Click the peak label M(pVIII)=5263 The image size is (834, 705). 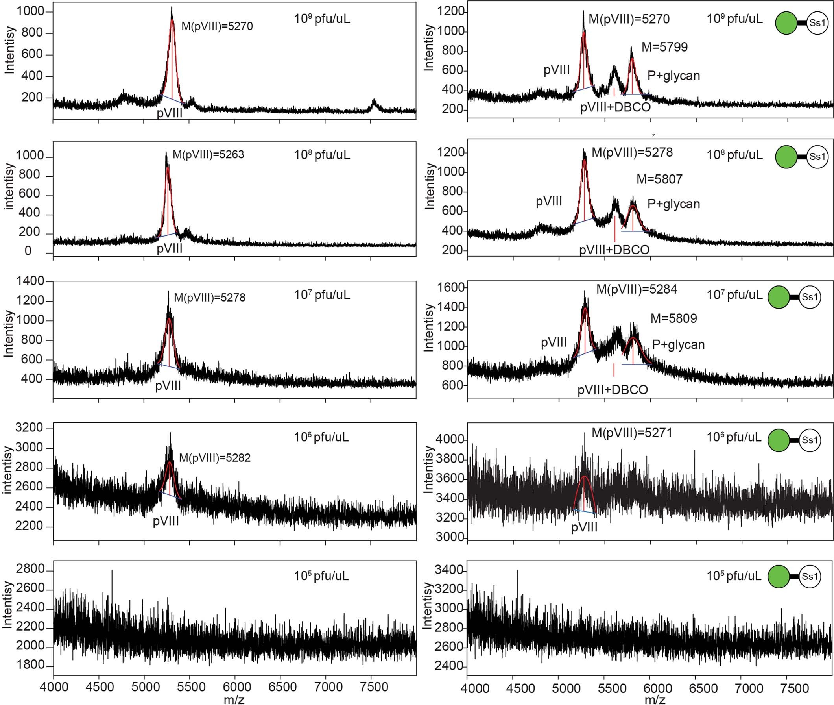point(208,155)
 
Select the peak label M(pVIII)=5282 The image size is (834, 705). point(214,458)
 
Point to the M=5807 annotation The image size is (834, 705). point(659,179)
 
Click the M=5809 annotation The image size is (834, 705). point(674,318)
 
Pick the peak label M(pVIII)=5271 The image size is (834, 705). point(632,433)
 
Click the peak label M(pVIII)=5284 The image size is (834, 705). point(637,289)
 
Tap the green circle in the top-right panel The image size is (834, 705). point(786,23)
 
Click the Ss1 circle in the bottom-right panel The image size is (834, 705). point(810,576)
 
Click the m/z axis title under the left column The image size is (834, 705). point(234,699)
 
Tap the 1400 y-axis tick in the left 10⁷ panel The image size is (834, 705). point(30,281)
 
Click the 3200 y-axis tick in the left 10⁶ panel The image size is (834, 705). point(29,428)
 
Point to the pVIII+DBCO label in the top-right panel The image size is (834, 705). point(615,107)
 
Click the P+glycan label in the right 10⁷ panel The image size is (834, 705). point(678,344)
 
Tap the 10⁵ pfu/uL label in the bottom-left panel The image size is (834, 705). point(321,576)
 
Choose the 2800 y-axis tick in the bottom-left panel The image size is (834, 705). point(30,569)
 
